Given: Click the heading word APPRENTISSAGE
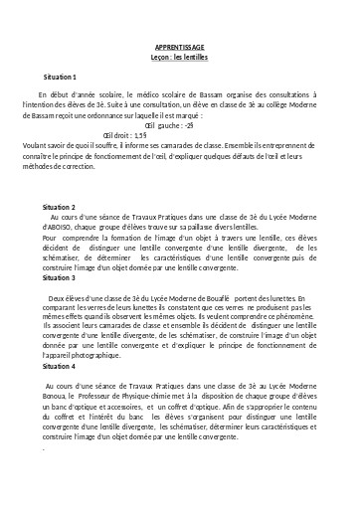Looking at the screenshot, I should pyautogui.click(x=179, y=47).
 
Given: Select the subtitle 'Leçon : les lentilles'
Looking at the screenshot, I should pyautogui.click(x=179, y=57).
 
